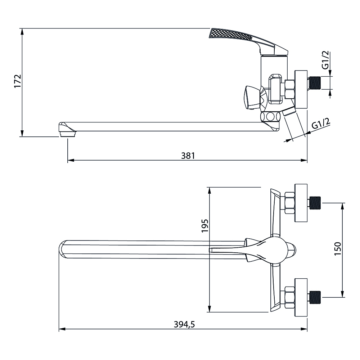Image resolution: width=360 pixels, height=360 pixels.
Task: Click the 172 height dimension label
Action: [18, 81]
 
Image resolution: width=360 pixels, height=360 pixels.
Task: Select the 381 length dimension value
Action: [188, 156]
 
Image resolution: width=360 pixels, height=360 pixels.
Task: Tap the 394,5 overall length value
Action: [184, 324]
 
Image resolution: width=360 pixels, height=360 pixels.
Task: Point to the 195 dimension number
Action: [205, 226]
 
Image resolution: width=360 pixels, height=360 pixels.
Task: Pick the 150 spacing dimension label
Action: [338, 249]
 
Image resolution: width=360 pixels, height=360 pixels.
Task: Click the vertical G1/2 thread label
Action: [325, 60]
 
